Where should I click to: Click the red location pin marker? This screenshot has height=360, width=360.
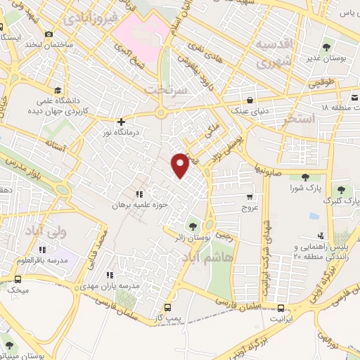181,165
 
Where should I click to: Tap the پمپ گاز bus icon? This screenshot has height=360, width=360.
167,307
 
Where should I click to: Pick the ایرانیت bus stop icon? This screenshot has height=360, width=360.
281,307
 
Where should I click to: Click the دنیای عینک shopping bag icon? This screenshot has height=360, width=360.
251,98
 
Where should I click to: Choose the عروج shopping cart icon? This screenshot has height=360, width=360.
250,197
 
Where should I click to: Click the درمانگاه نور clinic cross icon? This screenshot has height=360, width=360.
122,121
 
